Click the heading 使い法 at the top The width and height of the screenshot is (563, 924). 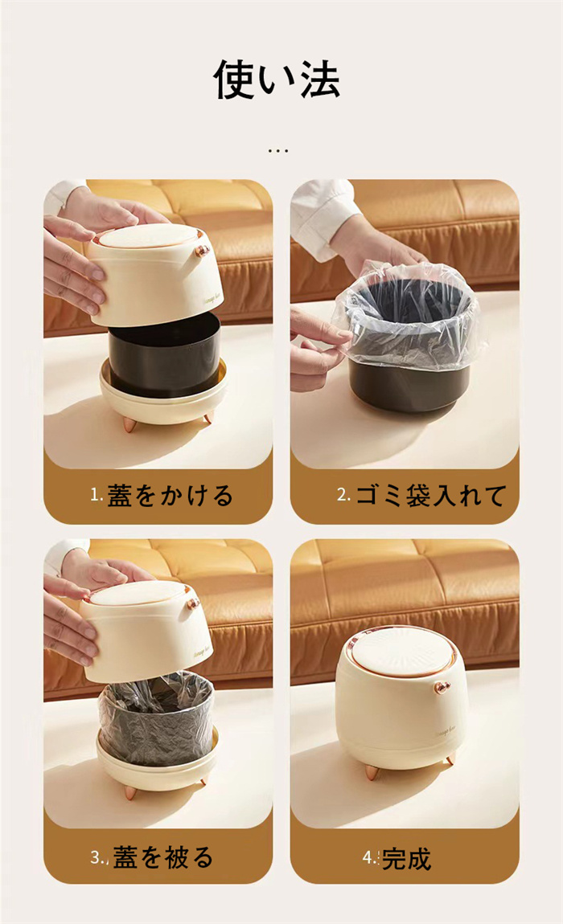tap(276, 80)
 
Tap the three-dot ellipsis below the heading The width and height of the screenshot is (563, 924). tap(277, 151)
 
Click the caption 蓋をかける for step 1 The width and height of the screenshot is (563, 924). tap(170, 496)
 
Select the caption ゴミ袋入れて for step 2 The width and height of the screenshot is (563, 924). tap(431, 496)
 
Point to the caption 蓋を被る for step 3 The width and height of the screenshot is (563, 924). tap(163, 857)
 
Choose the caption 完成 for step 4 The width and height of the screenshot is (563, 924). tap(407, 859)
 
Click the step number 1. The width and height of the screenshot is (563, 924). tap(96, 495)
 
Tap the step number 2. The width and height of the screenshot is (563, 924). tap(343, 495)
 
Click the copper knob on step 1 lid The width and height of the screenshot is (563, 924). tap(203, 251)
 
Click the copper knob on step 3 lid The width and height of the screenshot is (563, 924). tap(194, 603)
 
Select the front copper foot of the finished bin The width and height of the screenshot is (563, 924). tap(372, 772)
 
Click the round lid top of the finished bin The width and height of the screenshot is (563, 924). tap(401, 653)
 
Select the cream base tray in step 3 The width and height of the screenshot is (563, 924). tap(157, 763)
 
